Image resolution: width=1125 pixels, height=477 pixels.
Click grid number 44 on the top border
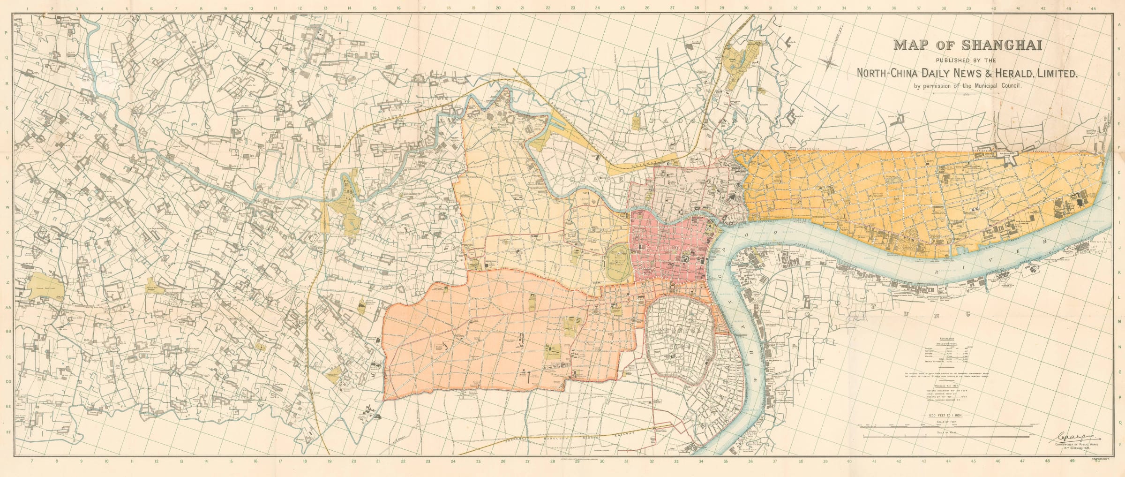(1102, 8)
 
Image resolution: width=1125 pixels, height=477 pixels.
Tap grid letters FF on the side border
(7, 432)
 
